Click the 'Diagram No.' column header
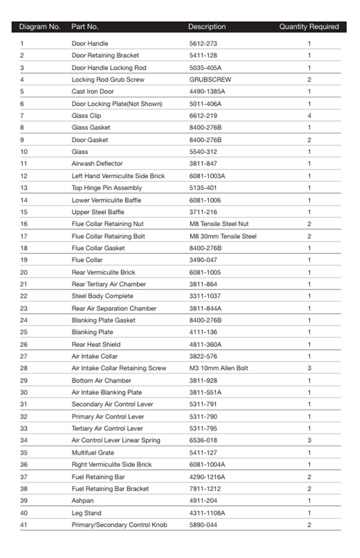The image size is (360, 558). pyautogui.click(x=40, y=27)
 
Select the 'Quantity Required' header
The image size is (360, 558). pyautogui.click(x=309, y=27)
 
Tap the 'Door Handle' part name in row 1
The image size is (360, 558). pyautogui.click(x=90, y=44)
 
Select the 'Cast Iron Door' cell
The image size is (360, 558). pyautogui.click(x=93, y=92)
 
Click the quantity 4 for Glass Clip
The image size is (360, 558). pyautogui.click(x=309, y=116)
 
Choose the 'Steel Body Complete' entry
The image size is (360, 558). pyautogui.click(x=102, y=296)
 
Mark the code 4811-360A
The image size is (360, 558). pyautogui.click(x=205, y=344)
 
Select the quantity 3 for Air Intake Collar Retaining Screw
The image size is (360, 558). pyautogui.click(x=309, y=368)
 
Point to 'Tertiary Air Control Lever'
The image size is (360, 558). pyautogui.click(x=107, y=429)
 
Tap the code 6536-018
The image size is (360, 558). pyautogui.click(x=202, y=440)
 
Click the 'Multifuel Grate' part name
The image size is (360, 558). pyautogui.click(x=93, y=453)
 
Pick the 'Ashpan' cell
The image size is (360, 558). pyautogui.click(x=82, y=501)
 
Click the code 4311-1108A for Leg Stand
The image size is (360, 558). pyautogui.click(x=207, y=513)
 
